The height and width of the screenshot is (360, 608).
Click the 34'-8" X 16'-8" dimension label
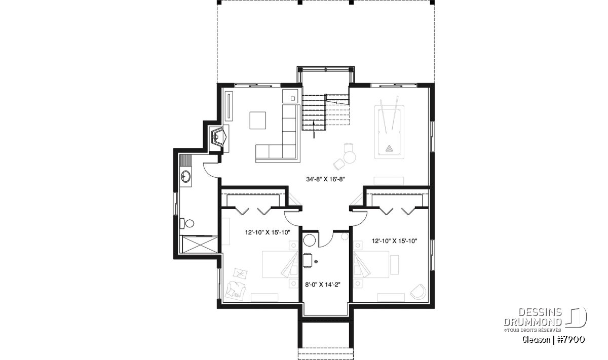coord(325,179)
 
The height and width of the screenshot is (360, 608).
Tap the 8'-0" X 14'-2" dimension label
coord(323,285)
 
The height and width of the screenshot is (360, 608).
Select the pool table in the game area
coord(389,132)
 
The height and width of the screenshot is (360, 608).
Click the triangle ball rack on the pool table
coord(389,148)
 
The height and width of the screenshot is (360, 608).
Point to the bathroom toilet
coord(187,223)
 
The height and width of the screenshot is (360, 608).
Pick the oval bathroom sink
coord(186,176)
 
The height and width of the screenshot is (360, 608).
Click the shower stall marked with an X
coord(199,245)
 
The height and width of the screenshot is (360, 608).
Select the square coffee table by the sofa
coord(257,121)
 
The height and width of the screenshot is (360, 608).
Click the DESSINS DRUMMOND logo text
coord(533,316)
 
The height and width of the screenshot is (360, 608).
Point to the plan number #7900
coord(571,340)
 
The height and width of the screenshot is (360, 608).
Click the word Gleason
coord(537,340)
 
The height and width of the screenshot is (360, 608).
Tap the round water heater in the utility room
coord(310,241)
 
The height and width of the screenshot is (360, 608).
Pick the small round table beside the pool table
coord(350,157)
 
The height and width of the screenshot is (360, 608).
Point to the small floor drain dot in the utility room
coord(316,262)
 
